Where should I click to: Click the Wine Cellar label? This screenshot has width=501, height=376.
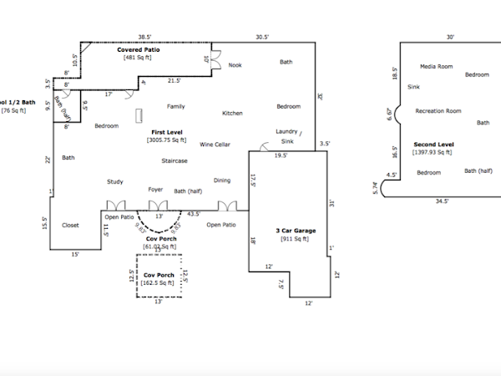[215, 145]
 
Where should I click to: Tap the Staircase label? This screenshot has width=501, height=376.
[175, 160]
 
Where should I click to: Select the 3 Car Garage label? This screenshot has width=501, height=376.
[295, 230]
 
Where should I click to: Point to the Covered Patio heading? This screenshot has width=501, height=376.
[138, 49]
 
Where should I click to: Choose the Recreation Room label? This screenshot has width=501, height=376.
[438, 110]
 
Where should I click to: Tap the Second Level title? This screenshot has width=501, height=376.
[433, 144]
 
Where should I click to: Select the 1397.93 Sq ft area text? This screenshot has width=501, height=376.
[434, 153]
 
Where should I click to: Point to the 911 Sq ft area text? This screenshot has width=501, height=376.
[295, 239]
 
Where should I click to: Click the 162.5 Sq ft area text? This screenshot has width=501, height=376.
[159, 282]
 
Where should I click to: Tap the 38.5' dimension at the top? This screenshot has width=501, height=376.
[145, 37]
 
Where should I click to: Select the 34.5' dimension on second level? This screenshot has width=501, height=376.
[442, 201]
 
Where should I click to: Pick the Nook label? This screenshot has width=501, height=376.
[235, 64]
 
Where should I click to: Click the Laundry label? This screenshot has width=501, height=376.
[286, 132]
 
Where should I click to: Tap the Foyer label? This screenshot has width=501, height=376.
[155, 190]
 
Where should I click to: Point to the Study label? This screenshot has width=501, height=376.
[115, 181]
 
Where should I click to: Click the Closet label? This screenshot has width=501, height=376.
[71, 225]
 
